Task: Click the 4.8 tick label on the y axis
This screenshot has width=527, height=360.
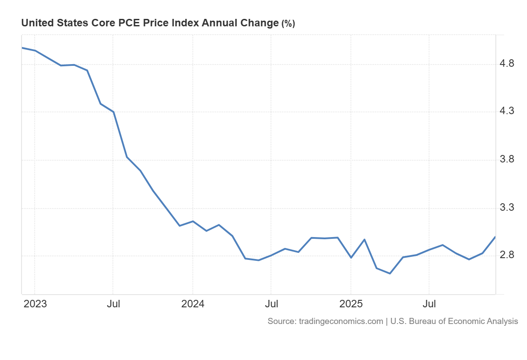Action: pos(507,64)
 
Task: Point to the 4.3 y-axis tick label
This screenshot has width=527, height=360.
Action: pos(507,112)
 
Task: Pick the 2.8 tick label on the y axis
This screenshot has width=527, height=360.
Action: pos(507,255)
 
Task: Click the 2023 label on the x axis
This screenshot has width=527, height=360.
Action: pos(35,304)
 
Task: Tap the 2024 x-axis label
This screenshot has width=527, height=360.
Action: pos(192,304)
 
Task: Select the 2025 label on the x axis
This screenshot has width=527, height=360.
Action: pos(350,304)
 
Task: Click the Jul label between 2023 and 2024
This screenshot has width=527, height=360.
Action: pos(113,304)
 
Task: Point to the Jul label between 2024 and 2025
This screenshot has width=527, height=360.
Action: pos(271,304)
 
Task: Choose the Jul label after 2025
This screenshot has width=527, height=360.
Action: pos(429,304)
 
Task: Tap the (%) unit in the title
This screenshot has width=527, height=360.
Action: pos(288,24)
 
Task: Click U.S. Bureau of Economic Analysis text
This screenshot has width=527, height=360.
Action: pos(454,321)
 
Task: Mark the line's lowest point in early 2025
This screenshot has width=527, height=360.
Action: pos(390,274)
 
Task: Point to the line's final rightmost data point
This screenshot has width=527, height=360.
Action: pos(495,237)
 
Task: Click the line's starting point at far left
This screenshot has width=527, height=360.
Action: pos(22,47)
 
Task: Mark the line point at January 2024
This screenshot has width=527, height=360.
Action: pos(193,221)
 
